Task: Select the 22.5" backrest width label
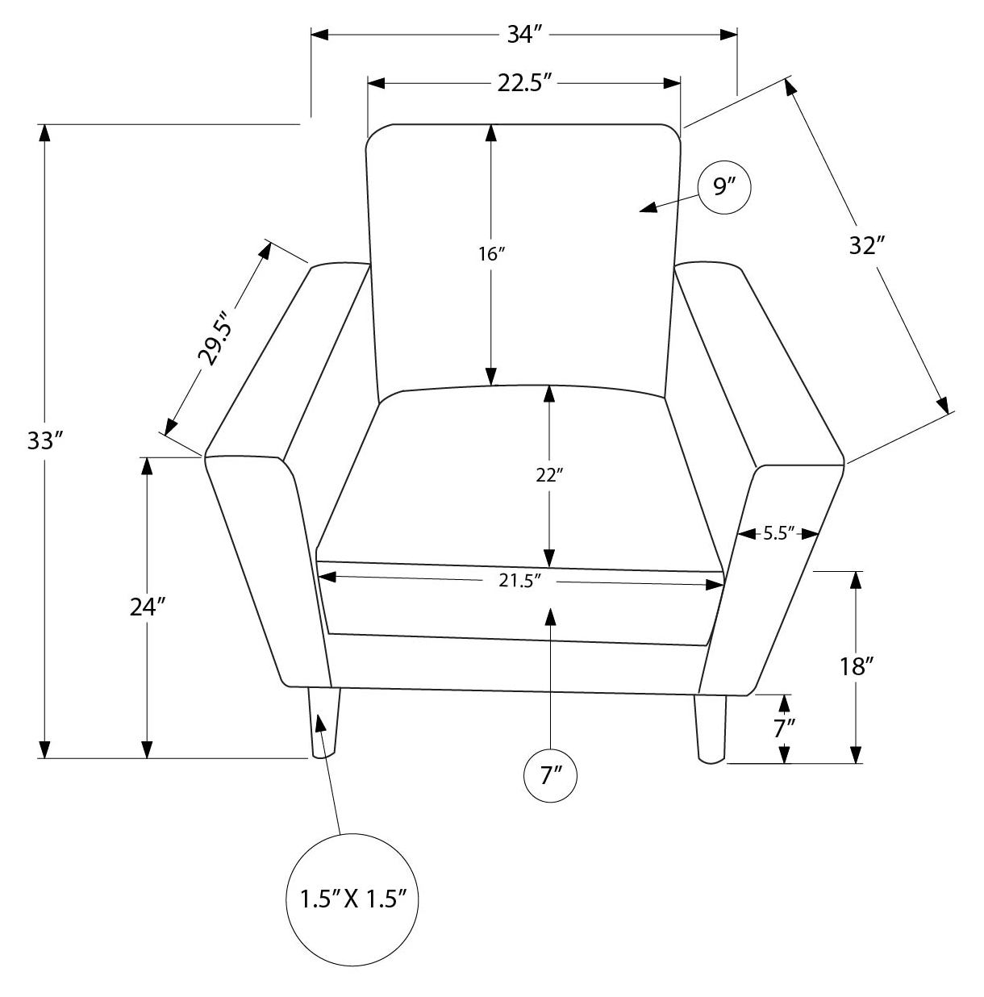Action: [x=524, y=83]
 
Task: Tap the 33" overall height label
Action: [x=45, y=440]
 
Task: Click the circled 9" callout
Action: [x=723, y=187]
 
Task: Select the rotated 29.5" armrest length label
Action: [x=213, y=339]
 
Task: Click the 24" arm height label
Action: [x=148, y=607]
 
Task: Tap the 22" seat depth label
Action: [x=549, y=475]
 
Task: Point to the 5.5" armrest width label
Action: [x=778, y=533]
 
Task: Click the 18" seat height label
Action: [x=857, y=667]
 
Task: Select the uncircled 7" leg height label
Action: [x=784, y=728]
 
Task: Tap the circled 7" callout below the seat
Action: [x=550, y=776]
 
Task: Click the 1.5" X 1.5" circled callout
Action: [x=352, y=899]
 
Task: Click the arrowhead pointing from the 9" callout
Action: [x=648, y=207]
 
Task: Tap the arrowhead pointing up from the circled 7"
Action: [x=550, y=618]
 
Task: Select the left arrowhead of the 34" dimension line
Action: [x=319, y=34]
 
